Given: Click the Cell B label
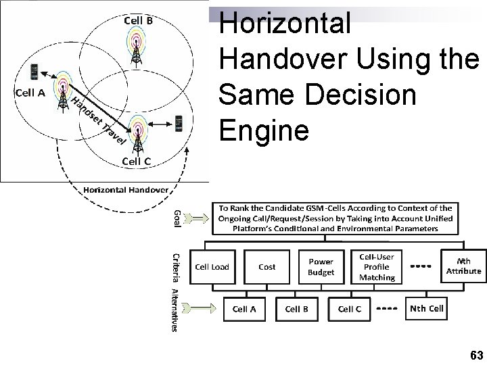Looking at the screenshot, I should point(137,20).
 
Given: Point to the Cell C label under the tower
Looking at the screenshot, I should point(137,161).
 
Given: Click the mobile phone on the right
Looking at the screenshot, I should point(179,124).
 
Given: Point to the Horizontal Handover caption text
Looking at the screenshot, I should point(126,189).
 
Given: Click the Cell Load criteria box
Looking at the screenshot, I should point(212,267).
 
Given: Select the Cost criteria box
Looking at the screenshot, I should point(267,267).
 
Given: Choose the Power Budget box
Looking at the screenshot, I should point(321,267).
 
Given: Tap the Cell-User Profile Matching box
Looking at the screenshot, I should point(377,267).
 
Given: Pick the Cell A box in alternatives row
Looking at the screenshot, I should point(244,309).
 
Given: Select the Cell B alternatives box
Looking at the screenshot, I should point(297,309).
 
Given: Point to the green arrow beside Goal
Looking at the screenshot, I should point(197,218).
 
